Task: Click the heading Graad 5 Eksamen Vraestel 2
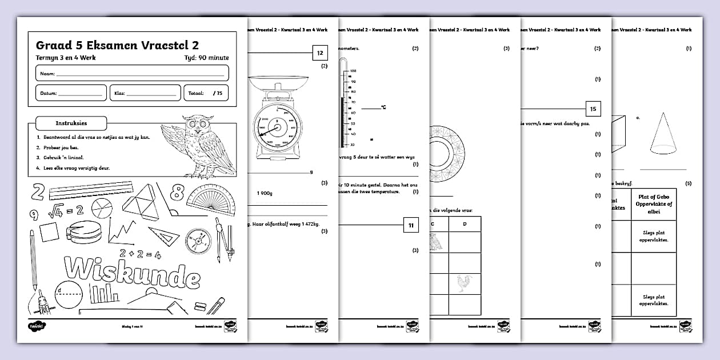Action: (x=117, y=45)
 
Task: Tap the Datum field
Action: (x=71, y=93)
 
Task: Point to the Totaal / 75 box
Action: (x=206, y=93)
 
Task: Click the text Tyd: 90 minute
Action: (x=207, y=58)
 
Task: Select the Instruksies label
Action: (x=70, y=123)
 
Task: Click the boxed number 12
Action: (x=320, y=53)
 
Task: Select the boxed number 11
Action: (x=411, y=226)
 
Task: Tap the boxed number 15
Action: (x=593, y=109)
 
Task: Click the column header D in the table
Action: (x=464, y=224)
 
